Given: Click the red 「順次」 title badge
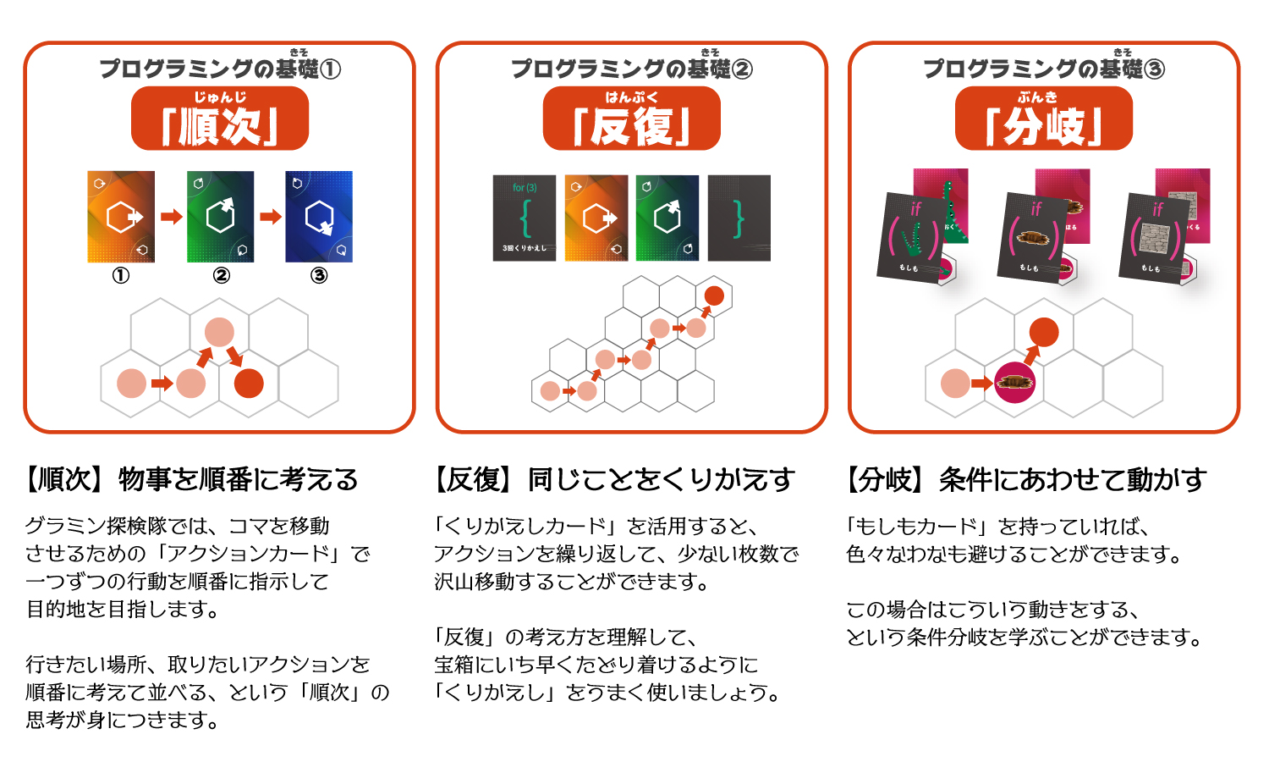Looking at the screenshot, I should coord(219,119).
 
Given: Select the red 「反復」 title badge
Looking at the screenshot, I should coord(631,119).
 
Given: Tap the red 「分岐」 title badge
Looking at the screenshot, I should coord(1043,119).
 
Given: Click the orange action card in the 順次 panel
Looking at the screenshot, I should coord(121,217).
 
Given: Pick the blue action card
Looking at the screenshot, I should coord(319,217).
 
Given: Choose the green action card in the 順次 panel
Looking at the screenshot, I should coord(220,217).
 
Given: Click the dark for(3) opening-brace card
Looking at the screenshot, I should coord(525,218).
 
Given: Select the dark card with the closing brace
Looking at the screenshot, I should coord(739,218).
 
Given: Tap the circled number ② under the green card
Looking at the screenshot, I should coord(221,275).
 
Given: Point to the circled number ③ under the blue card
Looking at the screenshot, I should coord(319,275).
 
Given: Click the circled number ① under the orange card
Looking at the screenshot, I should coord(121,275).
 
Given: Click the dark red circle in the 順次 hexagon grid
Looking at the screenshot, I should coord(249,384).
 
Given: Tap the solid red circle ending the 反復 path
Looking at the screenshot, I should coord(714,295).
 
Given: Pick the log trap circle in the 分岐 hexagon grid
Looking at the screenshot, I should coord(1014,383).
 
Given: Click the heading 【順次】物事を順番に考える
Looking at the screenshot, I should coord(192,480).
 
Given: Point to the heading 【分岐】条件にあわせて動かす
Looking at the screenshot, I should coord(1025,480).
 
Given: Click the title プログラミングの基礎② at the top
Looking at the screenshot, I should coord(631,69).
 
